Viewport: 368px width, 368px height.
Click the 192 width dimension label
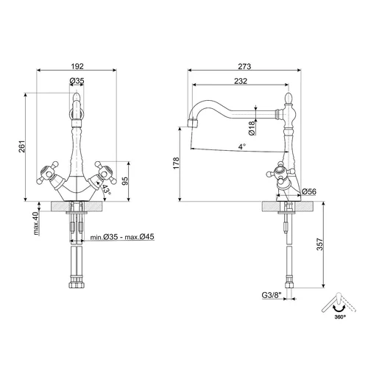pos(77,66)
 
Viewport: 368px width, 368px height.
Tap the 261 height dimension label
pos(22,146)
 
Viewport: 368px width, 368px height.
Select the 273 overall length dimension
pos(244,66)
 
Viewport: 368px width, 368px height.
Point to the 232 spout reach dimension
pos(241,81)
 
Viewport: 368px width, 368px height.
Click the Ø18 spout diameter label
pos(252,128)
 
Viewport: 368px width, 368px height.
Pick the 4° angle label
pos(242,146)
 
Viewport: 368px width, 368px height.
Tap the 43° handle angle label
pos(106,189)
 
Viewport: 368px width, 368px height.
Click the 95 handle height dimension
pos(125,181)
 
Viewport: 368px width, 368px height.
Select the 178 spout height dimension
pos(176,163)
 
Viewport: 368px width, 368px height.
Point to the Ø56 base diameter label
pos(309,191)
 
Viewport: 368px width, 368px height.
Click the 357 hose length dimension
pos(320,244)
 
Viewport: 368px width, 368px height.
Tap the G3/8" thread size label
pos(272,295)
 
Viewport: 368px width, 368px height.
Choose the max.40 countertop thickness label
pos(36,223)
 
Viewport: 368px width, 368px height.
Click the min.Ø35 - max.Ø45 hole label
pos(122,237)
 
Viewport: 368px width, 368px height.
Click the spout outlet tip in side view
pos(193,123)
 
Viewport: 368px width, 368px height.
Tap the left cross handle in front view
pos(48,173)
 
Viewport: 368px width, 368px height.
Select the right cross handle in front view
pos(106,173)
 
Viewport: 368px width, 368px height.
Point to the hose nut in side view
pos(289,286)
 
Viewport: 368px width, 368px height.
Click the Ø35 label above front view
pos(77,81)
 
